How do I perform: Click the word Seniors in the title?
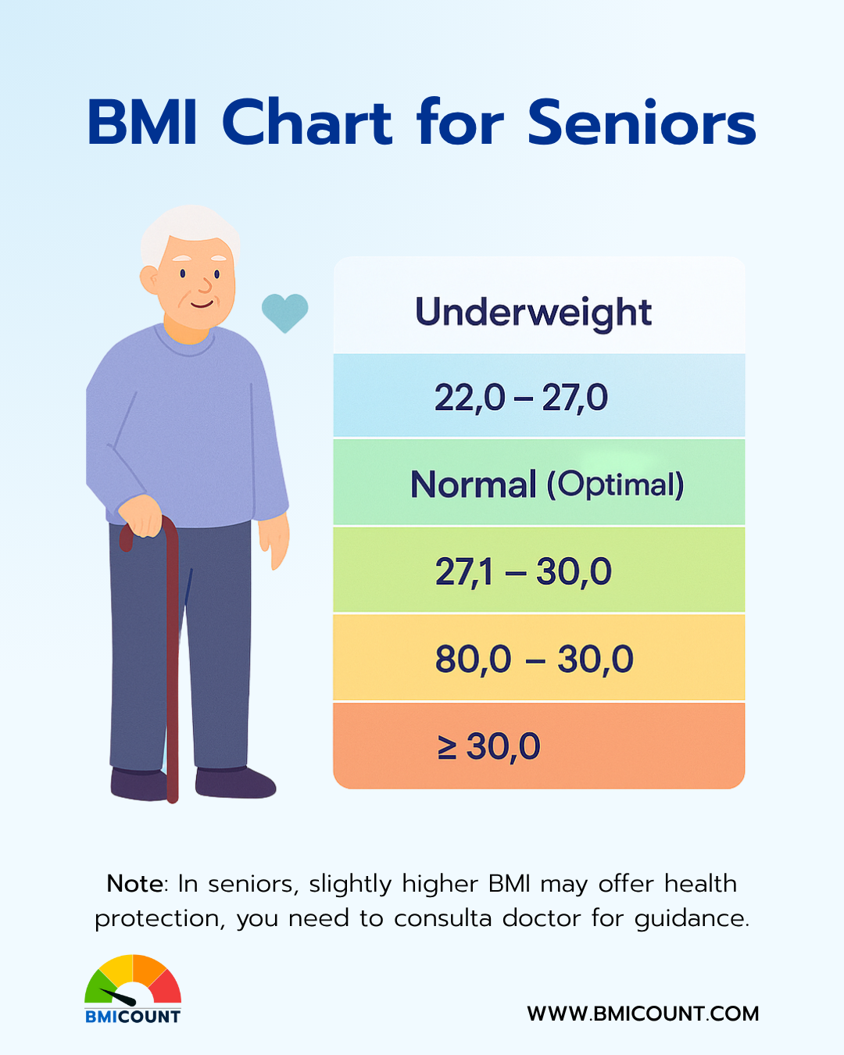point(642,122)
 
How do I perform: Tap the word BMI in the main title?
point(142,122)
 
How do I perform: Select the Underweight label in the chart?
point(534,313)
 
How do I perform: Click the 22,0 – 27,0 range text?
point(520,398)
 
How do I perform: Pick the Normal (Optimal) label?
point(547,485)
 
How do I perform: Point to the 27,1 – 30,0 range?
point(524,571)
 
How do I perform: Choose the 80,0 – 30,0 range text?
point(534,660)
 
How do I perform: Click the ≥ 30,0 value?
point(488,746)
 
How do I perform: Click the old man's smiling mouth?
point(202,305)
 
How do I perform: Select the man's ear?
point(149,280)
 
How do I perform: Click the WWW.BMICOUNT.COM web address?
point(643,1014)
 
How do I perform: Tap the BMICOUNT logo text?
point(132,1016)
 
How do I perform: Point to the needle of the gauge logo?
point(118,996)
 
